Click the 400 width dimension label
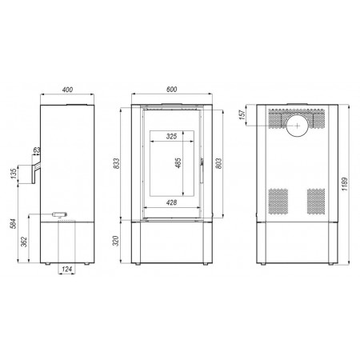coord(67,90)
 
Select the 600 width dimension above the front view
coord(171,90)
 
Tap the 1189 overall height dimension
coord(345,184)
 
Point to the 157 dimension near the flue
coord(242,114)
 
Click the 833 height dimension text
coord(116,163)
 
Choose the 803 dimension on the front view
coord(218,163)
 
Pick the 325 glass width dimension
coord(171,136)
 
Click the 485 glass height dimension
coord(178,163)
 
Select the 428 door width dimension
coord(171,202)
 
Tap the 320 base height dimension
coord(116,241)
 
